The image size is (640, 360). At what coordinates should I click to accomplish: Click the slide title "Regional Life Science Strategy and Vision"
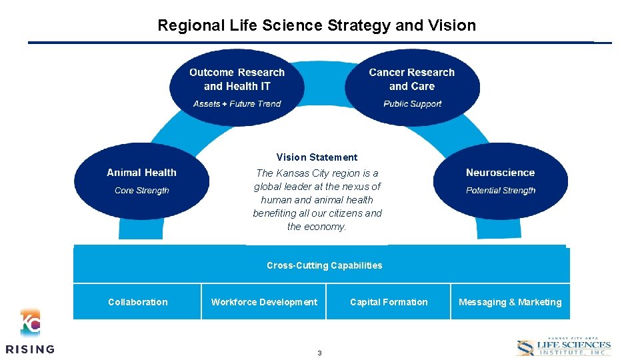(x=317, y=26)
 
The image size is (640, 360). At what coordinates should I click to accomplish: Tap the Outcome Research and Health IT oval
(x=237, y=87)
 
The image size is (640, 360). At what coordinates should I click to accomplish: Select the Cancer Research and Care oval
(x=412, y=87)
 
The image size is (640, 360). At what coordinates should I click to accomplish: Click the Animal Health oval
(x=141, y=181)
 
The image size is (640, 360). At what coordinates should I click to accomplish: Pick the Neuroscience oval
(x=500, y=181)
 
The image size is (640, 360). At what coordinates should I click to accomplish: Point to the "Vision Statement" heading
(x=317, y=157)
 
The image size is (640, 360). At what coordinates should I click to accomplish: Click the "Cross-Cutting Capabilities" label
(x=325, y=265)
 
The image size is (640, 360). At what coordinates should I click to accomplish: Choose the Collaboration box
(x=137, y=302)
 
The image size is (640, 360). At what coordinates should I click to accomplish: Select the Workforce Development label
(x=264, y=302)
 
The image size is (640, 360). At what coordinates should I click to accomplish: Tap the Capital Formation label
(x=389, y=302)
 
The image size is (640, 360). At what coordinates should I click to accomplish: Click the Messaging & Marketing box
(x=510, y=302)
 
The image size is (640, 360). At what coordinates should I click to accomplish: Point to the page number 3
(x=319, y=353)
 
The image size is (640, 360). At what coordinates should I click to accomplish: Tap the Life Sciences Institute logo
(x=563, y=347)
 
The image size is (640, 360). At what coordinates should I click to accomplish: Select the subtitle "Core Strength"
(x=142, y=191)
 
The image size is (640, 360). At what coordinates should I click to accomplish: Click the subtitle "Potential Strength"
(x=501, y=191)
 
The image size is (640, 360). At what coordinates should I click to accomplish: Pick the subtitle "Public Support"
(x=413, y=104)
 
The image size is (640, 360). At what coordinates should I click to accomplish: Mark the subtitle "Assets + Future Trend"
(x=237, y=104)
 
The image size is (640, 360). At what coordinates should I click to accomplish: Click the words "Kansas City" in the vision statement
(x=298, y=173)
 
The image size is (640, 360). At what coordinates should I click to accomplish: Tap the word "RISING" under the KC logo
(x=30, y=349)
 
